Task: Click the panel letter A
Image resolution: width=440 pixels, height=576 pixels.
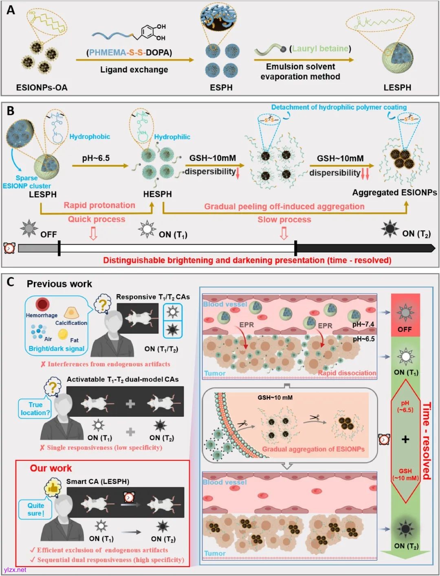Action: click(x=11, y=10)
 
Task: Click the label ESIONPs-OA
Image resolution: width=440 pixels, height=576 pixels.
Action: click(x=42, y=88)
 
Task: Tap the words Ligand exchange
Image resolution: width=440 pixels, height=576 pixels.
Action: click(x=134, y=70)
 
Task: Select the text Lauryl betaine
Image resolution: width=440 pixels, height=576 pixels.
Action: click(x=320, y=48)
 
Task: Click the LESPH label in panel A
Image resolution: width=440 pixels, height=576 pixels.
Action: click(x=397, y=88)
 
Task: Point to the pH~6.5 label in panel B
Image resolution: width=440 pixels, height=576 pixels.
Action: click(x=96, y=158)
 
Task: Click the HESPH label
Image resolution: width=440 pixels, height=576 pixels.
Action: click(x=157, y=194)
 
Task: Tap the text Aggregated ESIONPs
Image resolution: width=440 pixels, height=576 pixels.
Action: click(x=394, y=193)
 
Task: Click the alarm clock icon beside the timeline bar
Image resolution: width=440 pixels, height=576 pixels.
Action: click(x=9, y=248)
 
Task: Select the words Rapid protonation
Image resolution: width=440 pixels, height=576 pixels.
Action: click(x=99, y=205)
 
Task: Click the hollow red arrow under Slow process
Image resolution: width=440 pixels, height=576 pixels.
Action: click(x=284, y=233)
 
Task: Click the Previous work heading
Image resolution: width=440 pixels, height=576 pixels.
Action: click(x=59, y=284)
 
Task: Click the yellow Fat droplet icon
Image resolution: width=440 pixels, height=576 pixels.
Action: click(x=63, y=334)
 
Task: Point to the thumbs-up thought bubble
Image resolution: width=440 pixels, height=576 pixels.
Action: click(x=53, y=487)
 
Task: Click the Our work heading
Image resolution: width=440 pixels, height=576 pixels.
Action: click(x=51, y=468)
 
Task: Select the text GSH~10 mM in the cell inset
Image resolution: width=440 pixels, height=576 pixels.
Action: click(x=275, y=397)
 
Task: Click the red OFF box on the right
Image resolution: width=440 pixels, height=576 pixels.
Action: click(x=405, y=315)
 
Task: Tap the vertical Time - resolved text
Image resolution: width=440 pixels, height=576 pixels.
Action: click(x=426, y=441)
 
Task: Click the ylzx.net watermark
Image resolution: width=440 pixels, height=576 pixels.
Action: click(x=15, y=570)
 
